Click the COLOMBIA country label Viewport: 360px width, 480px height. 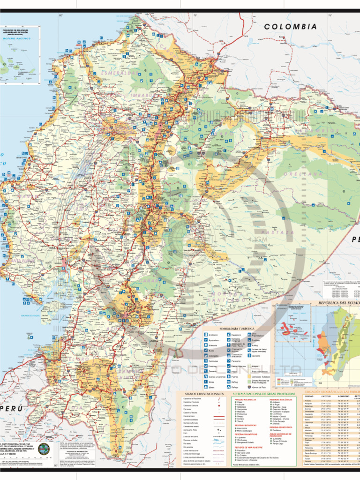[290, 27]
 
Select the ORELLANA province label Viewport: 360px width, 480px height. [306, 174]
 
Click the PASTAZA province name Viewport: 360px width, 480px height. [277, 232]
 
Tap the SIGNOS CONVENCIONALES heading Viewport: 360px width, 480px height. [204, 394]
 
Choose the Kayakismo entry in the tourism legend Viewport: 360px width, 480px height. [253, 356]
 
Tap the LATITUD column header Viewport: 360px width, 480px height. [326, 397]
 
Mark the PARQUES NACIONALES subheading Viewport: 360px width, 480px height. [244, 399]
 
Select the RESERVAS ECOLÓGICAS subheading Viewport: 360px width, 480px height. [280, 399]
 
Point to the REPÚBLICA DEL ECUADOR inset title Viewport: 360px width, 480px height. [338, 303]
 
